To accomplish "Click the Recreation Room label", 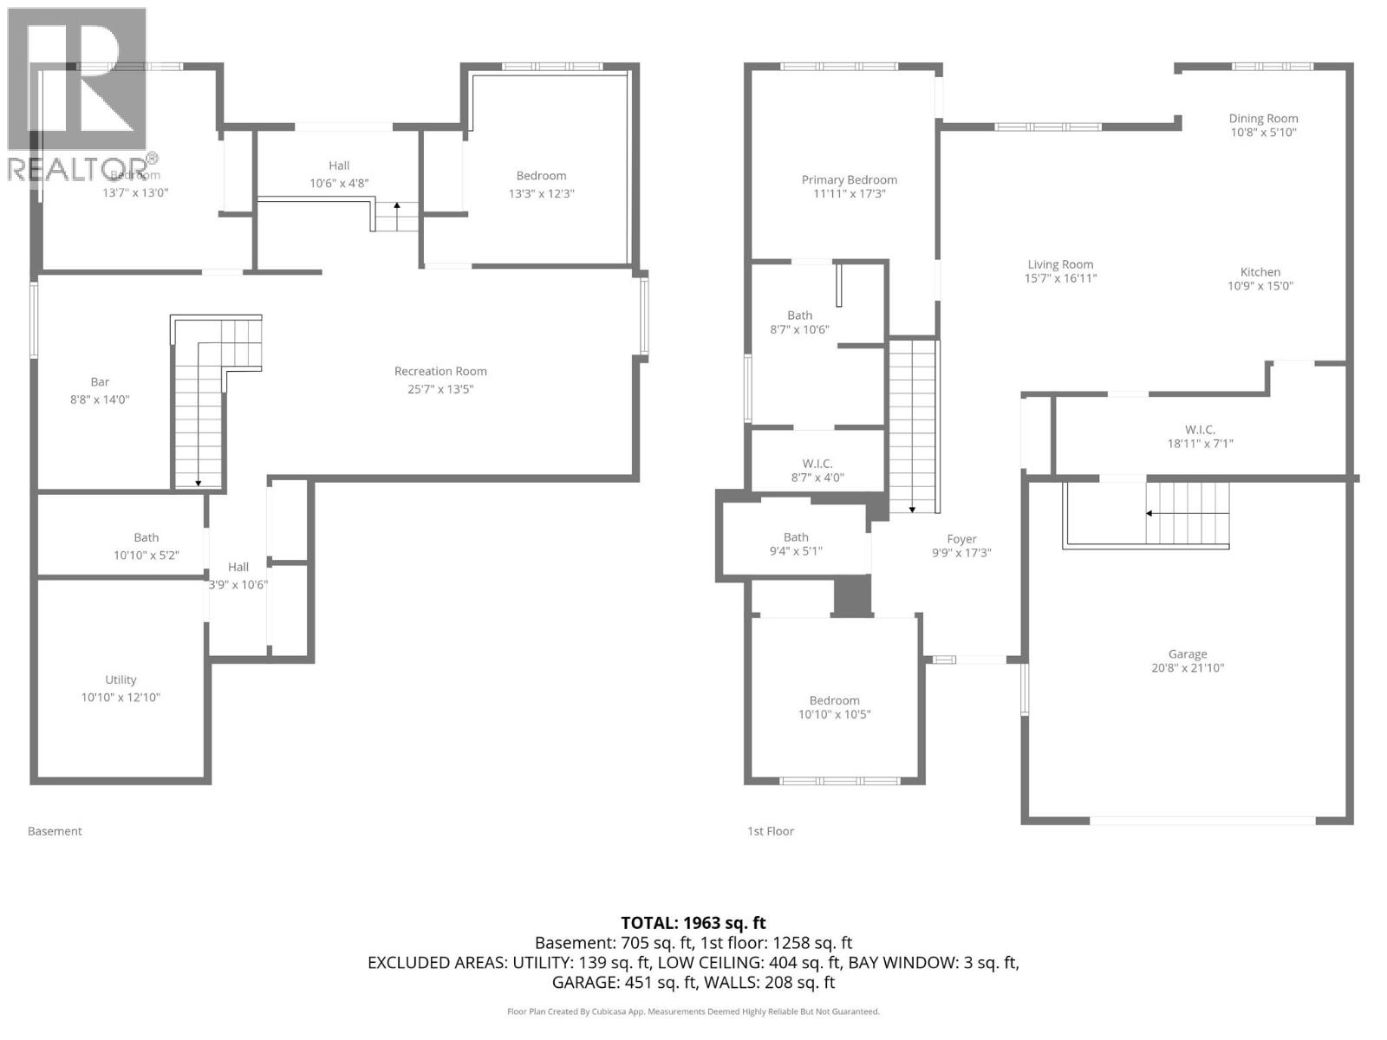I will coord(440,372).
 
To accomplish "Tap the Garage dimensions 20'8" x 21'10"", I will coord(1187,668).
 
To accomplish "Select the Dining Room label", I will coord(1263,119).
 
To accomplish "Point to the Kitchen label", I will coord(1260,272).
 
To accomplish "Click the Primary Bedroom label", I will coord(849,180).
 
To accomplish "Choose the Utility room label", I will coord(120,680).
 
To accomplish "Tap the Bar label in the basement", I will coord(100,382).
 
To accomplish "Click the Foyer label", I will coord(961,539).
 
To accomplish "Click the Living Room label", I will coord(1060,265).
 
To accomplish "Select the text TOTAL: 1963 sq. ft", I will coord(693,923).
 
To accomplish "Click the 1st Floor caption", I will coord(771,831).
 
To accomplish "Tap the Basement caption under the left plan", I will coord(55,831).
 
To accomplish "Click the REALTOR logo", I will coord(78,95).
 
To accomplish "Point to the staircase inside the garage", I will coord(1188,513).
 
